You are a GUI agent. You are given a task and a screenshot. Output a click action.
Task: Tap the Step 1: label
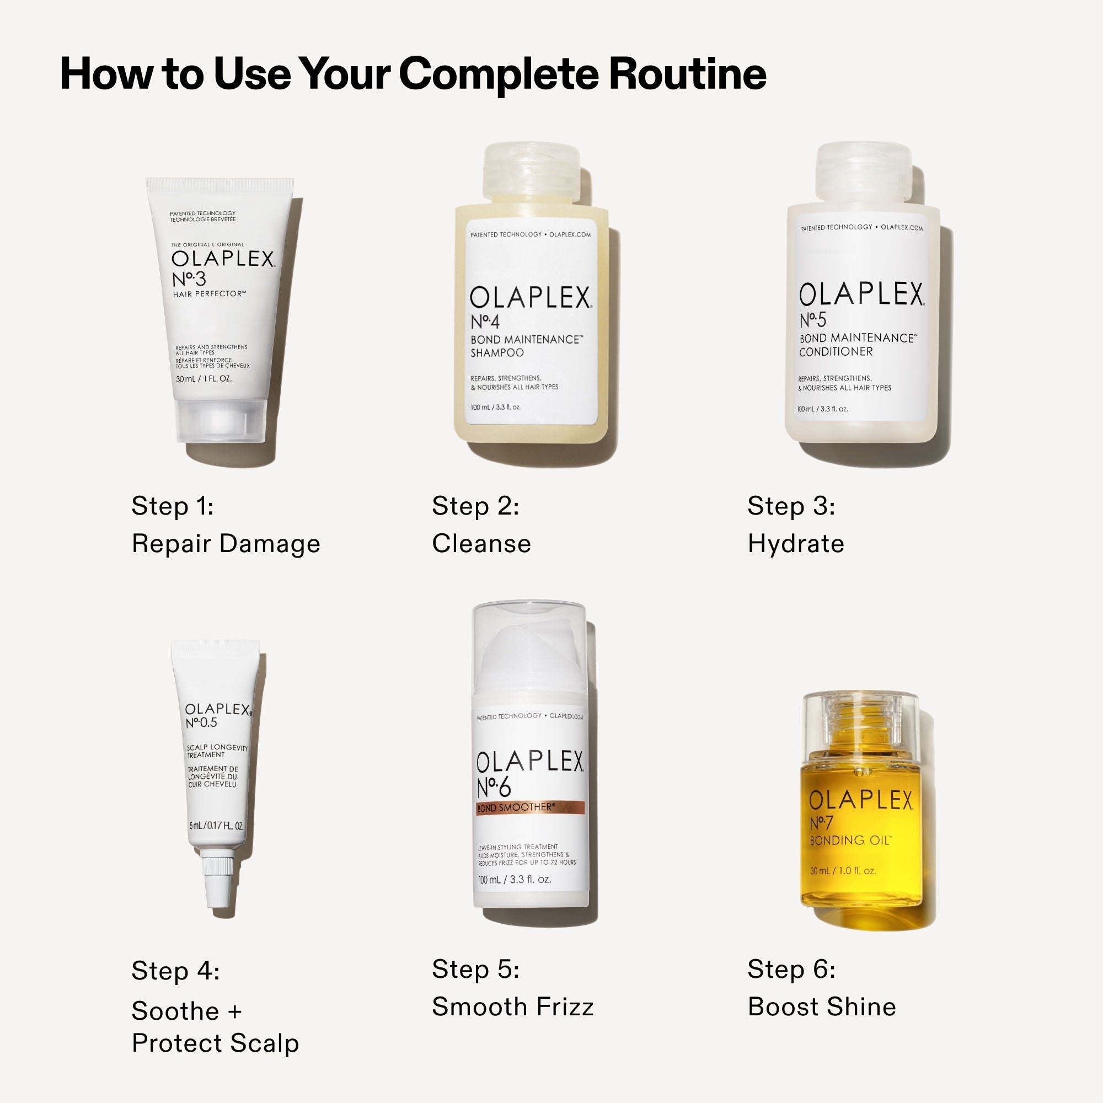click(x=173, y=506)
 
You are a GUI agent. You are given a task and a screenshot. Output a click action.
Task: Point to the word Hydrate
click(x=796, y=544)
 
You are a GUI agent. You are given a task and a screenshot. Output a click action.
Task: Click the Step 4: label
click(x=175, y=971)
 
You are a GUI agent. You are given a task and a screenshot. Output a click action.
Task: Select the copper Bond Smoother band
click(x=531, y=808)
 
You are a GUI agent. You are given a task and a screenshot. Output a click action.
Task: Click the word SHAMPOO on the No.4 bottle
click(x=497, y=353)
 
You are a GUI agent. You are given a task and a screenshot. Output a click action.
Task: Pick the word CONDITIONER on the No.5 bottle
click(x=836, y=352)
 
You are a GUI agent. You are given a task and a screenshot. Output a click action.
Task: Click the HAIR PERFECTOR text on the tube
click(x=209, y=294)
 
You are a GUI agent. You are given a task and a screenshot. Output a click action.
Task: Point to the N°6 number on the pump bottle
click(x=494, y=789)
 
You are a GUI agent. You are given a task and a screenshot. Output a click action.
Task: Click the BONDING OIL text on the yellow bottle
click(x=850, y=840)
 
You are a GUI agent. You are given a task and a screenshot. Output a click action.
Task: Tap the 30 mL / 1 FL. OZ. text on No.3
click(x=204, y=379)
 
